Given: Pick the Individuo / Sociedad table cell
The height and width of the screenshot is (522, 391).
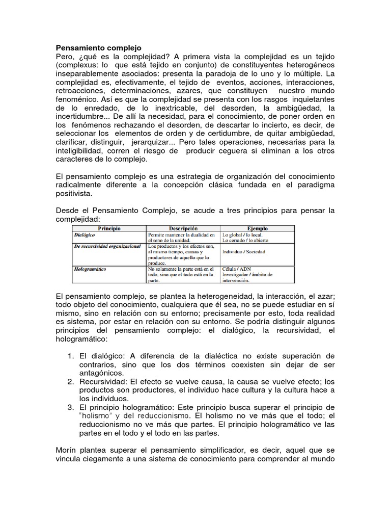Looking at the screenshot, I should (x=244, y=252).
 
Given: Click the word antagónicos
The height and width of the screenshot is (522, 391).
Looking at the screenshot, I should (x=101, y=372).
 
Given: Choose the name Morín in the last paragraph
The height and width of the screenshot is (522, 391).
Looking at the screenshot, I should (x=66, y=451).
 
